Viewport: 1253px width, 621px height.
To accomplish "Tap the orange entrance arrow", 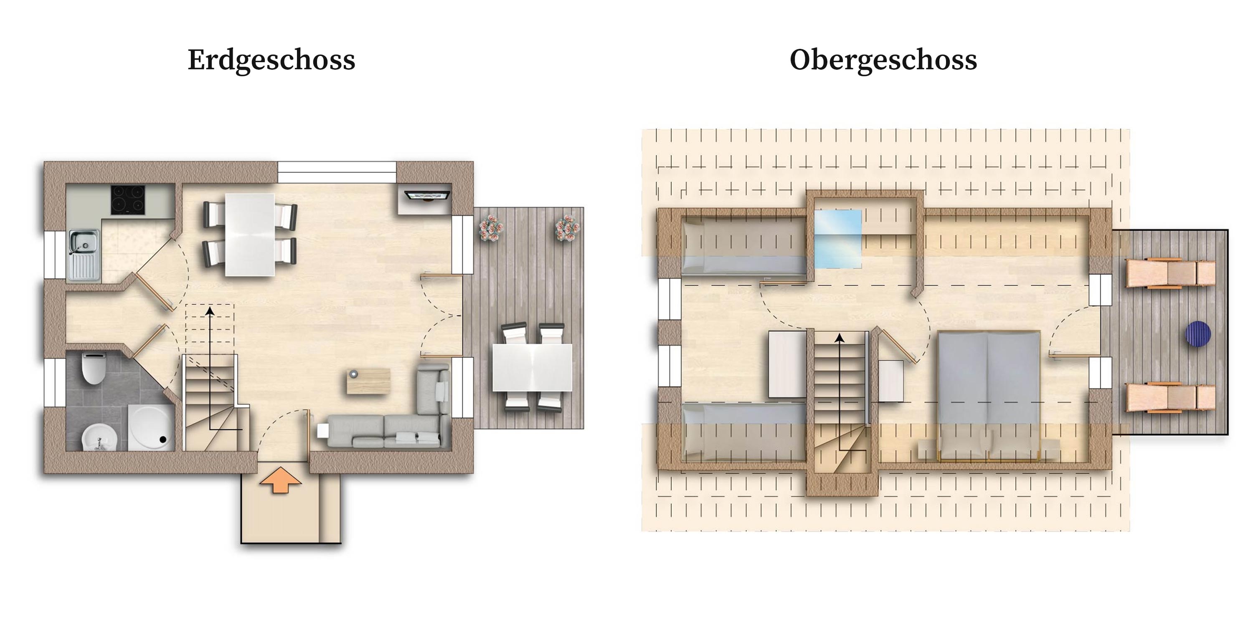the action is (x=280, y=480).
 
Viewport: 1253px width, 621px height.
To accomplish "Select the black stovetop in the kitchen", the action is (x=128, y=200).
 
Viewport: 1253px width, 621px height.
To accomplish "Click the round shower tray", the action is (x=150, y=428).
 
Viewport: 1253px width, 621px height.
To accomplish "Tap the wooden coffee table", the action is (x=368, y=381).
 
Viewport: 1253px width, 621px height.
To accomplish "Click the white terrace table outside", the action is (x=533, y=367).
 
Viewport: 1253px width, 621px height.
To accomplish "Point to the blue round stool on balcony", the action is (x=1197, y=333).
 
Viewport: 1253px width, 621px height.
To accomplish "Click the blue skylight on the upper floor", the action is (x=837, y=239).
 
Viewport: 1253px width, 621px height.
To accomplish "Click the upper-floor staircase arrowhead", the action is (x=840, y=338).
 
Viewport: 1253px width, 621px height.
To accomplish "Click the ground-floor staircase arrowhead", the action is (x=210, y=311).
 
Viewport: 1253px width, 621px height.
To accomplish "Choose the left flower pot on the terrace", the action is (x=491, y=228).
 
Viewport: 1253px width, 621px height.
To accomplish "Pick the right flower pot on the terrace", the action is (x=567, y=228).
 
